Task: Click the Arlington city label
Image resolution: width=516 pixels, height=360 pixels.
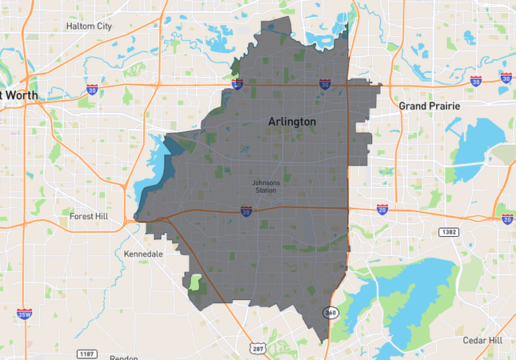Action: coord(291,122)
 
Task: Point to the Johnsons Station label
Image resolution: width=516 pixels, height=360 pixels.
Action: coord(266,186)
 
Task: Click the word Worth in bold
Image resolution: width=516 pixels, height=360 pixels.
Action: coord(22,95)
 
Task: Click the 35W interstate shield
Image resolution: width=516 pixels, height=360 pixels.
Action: coord(24,314)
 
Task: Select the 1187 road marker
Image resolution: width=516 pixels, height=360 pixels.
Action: coord(86,353)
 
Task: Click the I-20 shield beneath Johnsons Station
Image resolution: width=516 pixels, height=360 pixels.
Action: coord(246,210)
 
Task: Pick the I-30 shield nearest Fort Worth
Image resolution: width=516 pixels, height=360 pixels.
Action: coord(93,90)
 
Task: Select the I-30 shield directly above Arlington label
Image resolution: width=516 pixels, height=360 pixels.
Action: coord(324,83)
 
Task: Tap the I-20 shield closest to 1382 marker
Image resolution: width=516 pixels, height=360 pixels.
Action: coord(382,210)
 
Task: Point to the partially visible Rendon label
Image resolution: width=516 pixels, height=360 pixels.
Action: coord(124,357)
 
